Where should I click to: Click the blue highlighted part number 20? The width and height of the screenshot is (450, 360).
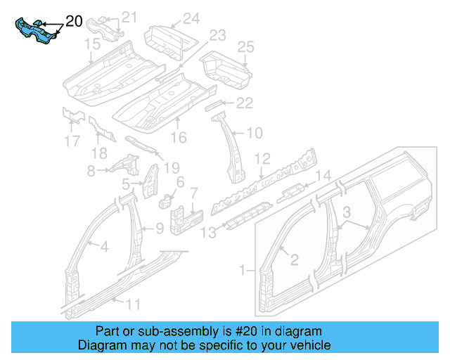coord(37,32)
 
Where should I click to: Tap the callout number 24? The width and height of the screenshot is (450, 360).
coord(191,19)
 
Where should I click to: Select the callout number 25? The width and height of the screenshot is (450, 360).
coord(245,47)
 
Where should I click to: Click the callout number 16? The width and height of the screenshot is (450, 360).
coord(179,137)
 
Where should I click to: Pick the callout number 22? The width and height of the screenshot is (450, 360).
coord(243,103)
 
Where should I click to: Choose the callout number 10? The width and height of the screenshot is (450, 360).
coord(254,131)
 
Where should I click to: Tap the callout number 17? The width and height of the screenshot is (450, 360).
coord(72,141)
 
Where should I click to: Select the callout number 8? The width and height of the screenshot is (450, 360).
coord(91,171)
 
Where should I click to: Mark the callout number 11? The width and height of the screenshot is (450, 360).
coord(132,304)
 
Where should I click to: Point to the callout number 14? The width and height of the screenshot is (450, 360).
coord(322,176)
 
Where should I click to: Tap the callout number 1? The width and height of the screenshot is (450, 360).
coord(244,269)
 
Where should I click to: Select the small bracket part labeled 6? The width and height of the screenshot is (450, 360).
coord(167,200)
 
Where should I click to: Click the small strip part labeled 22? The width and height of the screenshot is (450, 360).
coord(212,105)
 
